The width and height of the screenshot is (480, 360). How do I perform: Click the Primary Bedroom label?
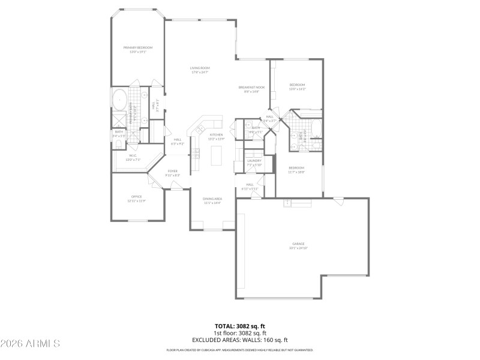(x=138, y=47)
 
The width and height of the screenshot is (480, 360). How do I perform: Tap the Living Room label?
(x=200, y=69)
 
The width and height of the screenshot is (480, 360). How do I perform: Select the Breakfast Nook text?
(x=251, y=88)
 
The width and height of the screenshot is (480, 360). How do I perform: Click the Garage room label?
(x=298, y=244)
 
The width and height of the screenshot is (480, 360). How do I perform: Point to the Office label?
(x=136, y=197)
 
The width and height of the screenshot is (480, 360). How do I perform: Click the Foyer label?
(x=173, y=171)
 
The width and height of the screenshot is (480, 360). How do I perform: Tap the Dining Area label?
(x=212, y=199)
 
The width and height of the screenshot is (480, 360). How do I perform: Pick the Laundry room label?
(x=254, y=161)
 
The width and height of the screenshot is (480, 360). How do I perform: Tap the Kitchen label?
(x=216, y=135)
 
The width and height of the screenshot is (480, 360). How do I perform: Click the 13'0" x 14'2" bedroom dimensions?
(x=298, y=89)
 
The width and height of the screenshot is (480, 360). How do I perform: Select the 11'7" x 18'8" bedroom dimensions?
(x=296, y=172)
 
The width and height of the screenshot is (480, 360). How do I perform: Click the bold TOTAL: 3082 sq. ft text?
(x=240, y=326)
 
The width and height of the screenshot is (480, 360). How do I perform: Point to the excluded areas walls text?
(x=240, y=340)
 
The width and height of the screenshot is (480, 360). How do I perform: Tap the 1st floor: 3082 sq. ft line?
(x=240, y=333)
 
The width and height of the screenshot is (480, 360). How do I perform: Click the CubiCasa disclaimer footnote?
(x=240, y=349)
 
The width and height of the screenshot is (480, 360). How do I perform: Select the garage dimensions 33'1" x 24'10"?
(x=298, y=247)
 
